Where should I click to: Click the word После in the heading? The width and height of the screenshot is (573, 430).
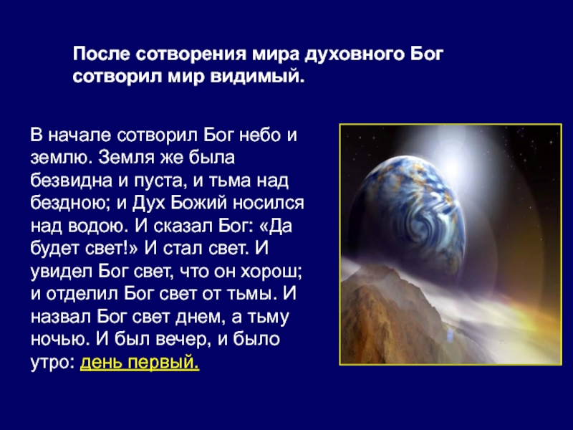[x=101, y=54]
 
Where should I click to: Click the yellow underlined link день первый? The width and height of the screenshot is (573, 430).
[x=140, y=363]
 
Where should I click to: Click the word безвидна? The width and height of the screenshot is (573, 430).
[x=71, y=181]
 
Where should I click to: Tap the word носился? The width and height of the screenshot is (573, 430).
[x=269, y=204]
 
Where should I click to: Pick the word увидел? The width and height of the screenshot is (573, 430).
[x=62, y=272]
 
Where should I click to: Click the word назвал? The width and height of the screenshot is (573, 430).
[x=61, y=317]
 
